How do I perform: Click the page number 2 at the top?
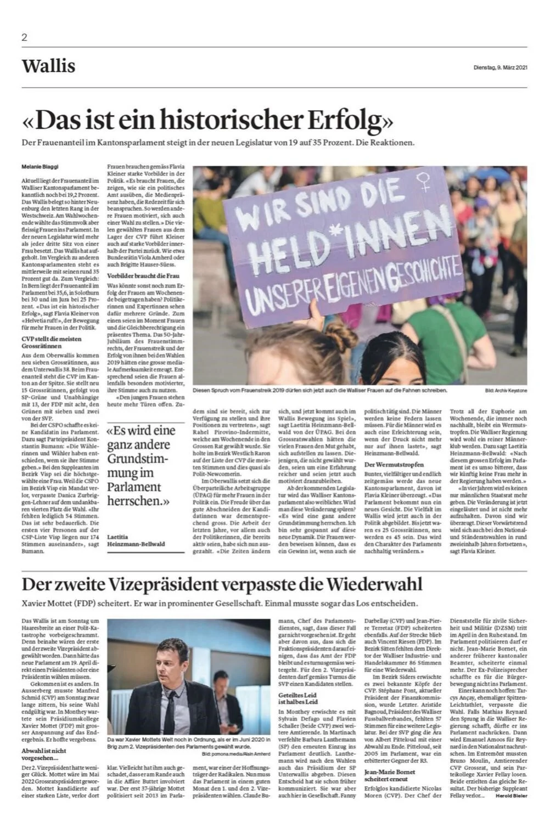pos(24,38)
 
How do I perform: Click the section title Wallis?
pos(48,66)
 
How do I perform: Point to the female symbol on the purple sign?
pos(423,182)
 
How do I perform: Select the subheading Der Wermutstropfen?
pos(394,464)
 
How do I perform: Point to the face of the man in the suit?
pos(175,664)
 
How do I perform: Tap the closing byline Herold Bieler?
pos(511,795)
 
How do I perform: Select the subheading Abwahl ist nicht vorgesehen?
pos(44,753)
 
